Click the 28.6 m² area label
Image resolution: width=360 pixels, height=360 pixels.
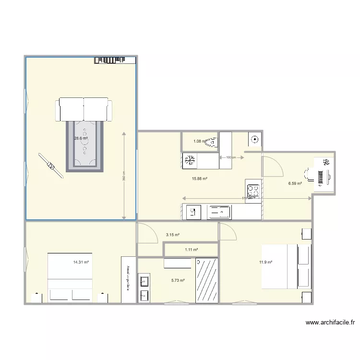[81, 138]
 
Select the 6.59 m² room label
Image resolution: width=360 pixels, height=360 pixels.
[295, 183]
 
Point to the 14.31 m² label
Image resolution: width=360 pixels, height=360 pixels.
[81, 262]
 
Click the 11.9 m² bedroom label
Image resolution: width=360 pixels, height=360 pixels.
[266, 262]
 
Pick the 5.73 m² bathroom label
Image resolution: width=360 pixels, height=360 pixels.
[178, 280]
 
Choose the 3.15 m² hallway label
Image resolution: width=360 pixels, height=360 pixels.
[172, 235]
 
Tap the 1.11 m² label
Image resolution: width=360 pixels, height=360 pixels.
[192, 250]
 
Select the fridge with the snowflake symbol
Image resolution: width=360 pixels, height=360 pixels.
[190, 160]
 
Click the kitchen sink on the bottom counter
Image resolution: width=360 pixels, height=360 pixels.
[219, 211]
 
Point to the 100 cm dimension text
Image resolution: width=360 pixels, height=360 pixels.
[231, 157]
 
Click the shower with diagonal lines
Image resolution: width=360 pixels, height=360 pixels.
[207, 280]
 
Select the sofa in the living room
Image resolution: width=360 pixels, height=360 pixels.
[84, 109]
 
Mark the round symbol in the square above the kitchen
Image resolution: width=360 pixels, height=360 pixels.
[254, 140]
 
